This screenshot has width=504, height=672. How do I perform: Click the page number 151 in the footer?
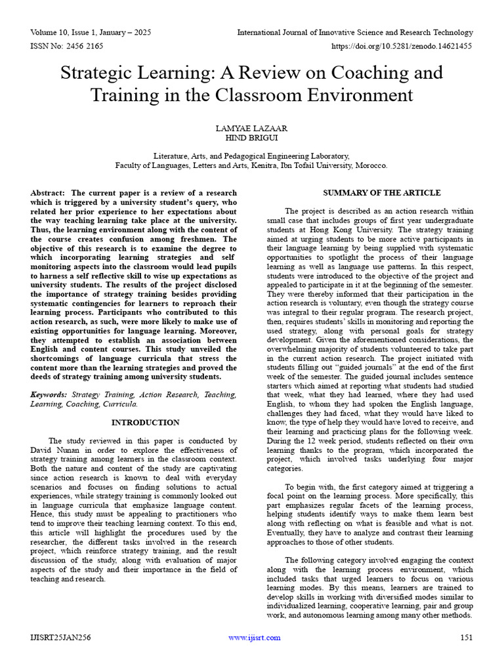pyautogui.click(x=466, y=637)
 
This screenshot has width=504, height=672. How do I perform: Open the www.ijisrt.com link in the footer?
pyautogui.click(x=254, y=637)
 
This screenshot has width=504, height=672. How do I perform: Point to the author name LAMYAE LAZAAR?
pyautogui.click(x=252, y=128)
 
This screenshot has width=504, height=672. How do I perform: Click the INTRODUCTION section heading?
pyautogui.click(x=145, y=423)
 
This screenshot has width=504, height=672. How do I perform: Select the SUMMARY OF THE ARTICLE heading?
pyautogui.click(x=382, y=193)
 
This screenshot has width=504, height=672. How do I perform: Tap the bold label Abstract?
pyautogui.click(x=48, y=193)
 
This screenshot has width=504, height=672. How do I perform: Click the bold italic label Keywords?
pyautogui.click(x=49, y=395)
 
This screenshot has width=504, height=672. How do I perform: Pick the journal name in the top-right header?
pyautogui.click(x=354, y=32)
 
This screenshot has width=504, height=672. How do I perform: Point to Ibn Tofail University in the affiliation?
pyautogui.click(x=317, y=165)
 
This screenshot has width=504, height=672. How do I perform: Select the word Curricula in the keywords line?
pyautogui.click(x=118, y=404)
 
